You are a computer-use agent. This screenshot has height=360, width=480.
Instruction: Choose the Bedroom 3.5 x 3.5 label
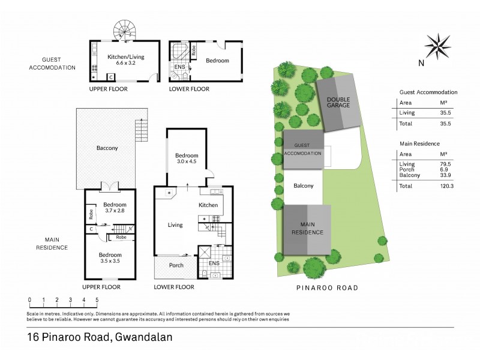(x=110, y=258)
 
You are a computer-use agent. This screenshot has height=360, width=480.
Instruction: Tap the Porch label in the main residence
(x=176, y=265)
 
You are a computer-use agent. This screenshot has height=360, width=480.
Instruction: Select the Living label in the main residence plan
(x=175, y=225)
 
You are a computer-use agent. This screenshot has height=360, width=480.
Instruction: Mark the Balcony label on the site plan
(x=304, y=186)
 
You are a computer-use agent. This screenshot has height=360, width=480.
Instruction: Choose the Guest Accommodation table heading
(x=428, y=92)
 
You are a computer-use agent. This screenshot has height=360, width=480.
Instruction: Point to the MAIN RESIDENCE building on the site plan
(x=308, y=229)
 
